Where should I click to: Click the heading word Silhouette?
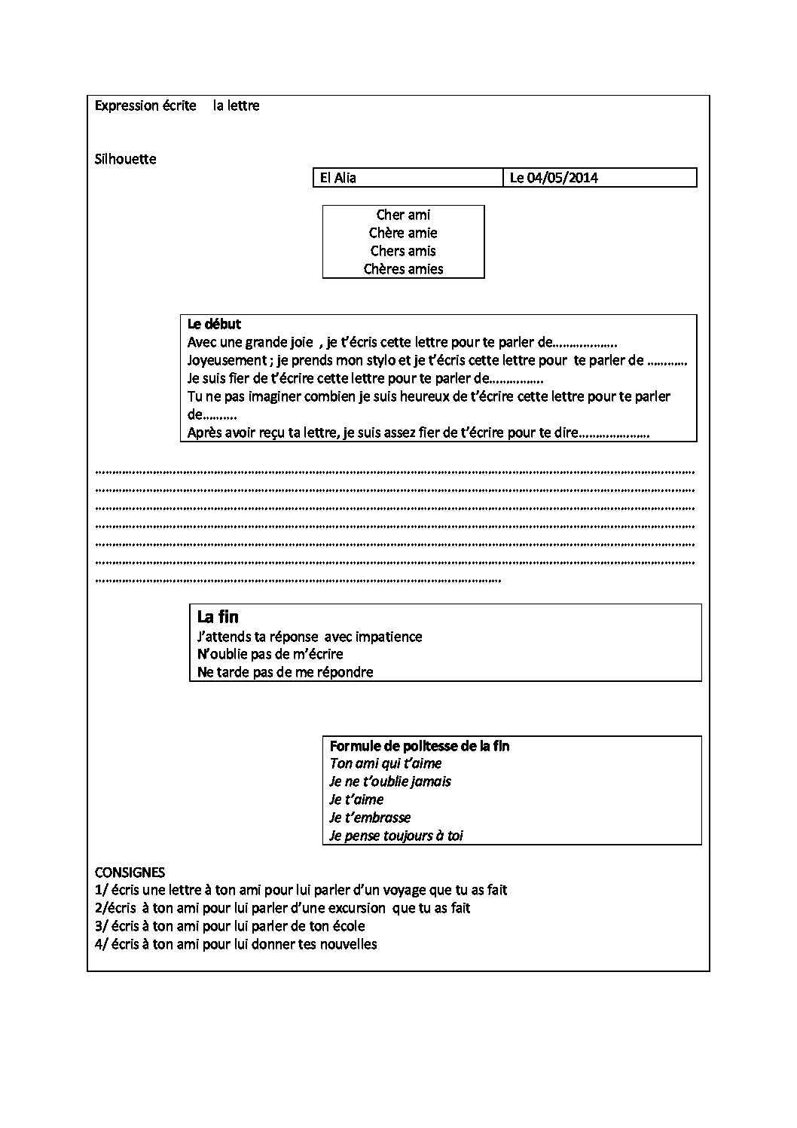pos(126,159)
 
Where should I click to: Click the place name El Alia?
pos(338,178)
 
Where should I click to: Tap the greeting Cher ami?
pos(403,215)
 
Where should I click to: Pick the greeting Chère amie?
pos(403,233)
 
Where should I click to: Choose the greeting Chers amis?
pos(403,251)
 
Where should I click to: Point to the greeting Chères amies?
pos(403,269)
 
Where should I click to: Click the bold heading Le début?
pos(214,324)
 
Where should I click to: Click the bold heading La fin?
pos(218,617)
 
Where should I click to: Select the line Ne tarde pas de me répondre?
pos(285,672)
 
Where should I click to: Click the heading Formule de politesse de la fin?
pos(420,746)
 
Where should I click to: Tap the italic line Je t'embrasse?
pos(370,818)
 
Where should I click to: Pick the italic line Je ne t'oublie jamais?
pos(390,781)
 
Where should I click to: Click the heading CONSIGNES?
pos(130,873)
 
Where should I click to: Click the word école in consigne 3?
pos(347,926)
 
